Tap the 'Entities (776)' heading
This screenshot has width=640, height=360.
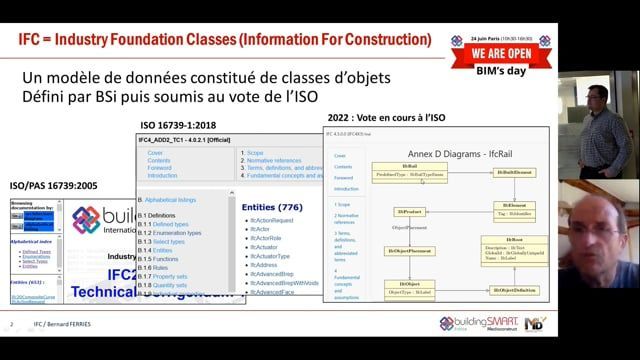coord(272,207)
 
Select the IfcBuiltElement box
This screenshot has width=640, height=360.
coord(516,173)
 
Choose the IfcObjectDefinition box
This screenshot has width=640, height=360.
coord(518,290)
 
